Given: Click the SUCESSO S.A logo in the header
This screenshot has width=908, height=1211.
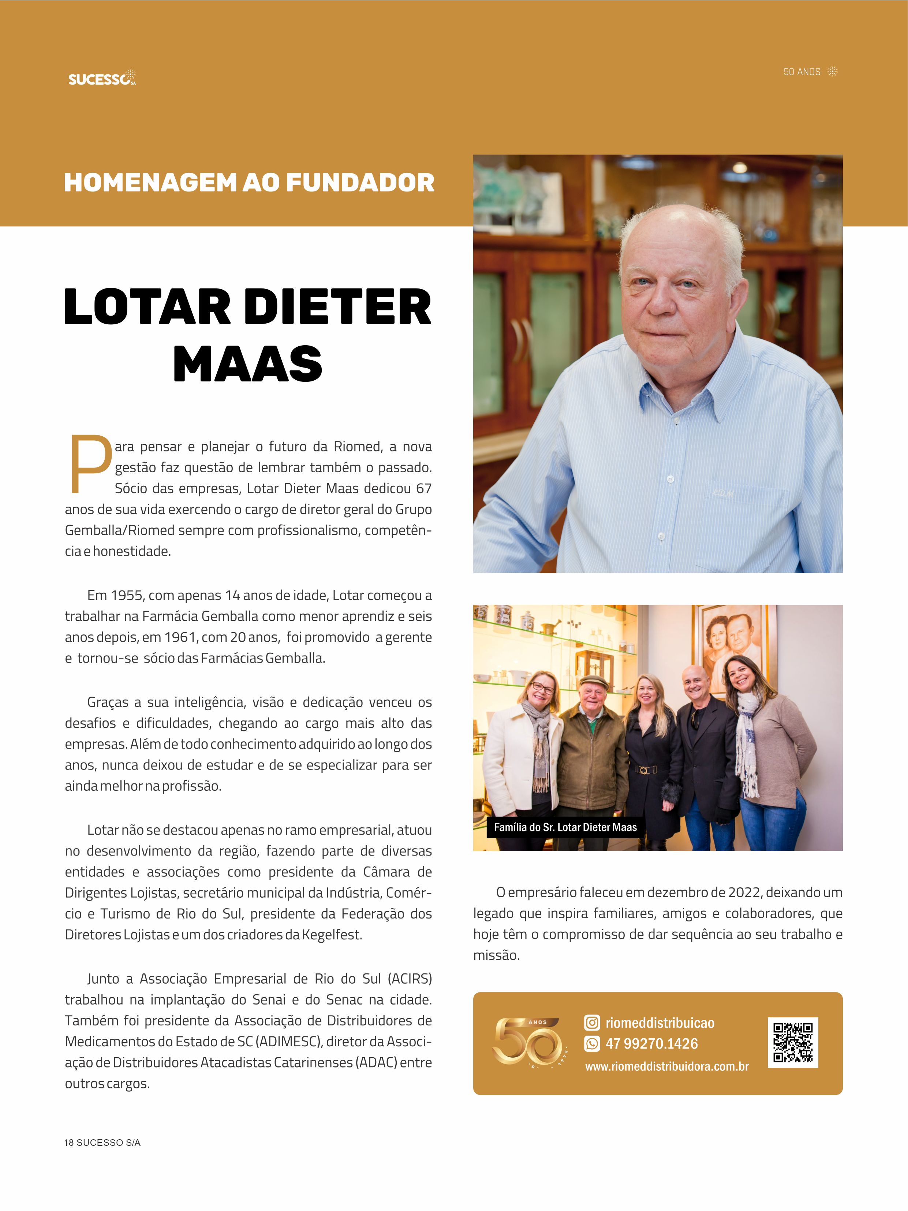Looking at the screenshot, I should tap(102, 78).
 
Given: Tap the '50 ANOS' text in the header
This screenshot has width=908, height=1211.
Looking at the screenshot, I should tap(802, 72).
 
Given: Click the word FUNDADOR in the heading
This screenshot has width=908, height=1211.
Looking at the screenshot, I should tap(360, 183).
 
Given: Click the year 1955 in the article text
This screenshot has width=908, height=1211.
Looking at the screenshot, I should tap(127, 595).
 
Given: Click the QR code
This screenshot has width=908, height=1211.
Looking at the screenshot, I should tap(792, 1043).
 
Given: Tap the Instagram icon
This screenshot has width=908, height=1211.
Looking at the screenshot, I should tap(592, 1023).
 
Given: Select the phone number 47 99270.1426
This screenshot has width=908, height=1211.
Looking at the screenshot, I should tap(651, 1044).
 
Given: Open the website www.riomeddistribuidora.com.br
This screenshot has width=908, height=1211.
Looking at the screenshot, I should tap(666, 1066).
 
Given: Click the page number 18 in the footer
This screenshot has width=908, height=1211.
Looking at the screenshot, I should tap(69, 1143).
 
